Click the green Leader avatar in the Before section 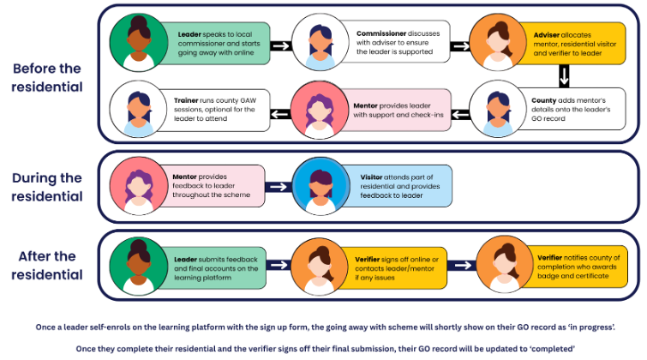pos(140,42)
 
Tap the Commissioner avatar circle pos(318,42)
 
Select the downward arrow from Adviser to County pos(564,76)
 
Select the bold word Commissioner pos(381,34)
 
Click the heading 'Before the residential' pos(50,77)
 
